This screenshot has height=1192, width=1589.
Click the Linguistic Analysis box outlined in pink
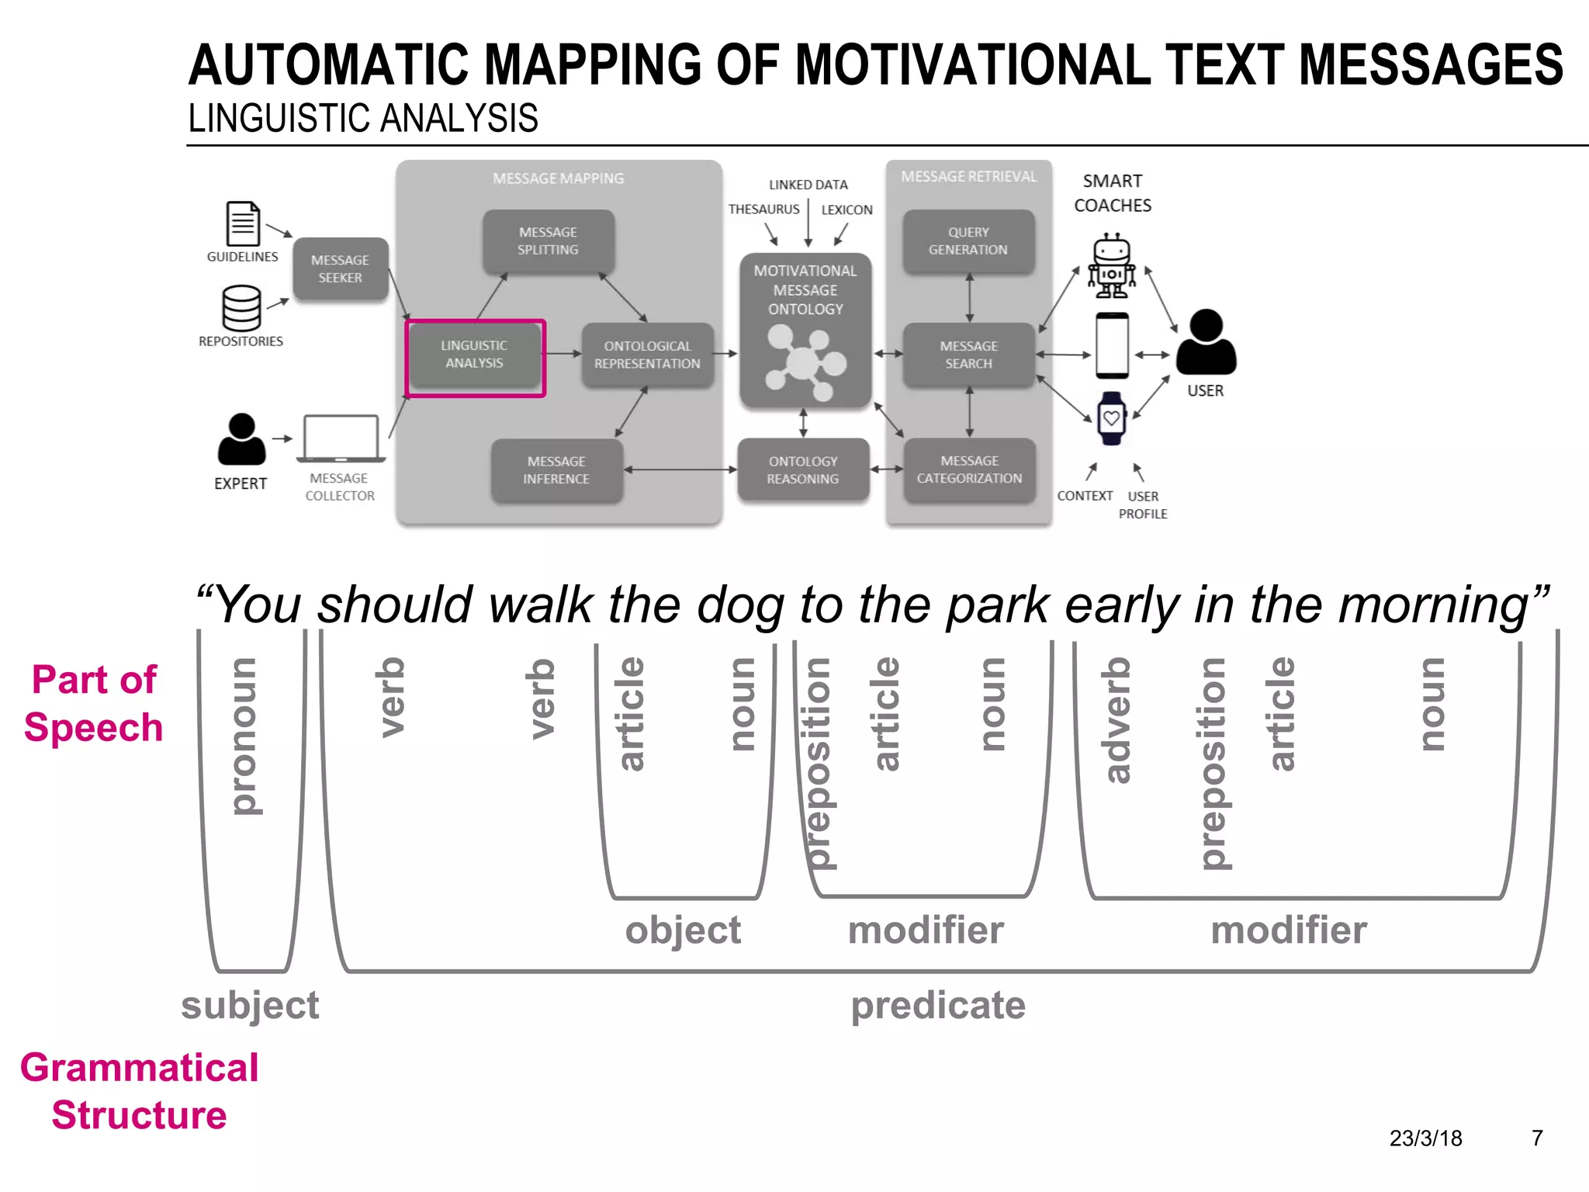(475, 356)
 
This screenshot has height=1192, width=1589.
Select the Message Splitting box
(548, 241)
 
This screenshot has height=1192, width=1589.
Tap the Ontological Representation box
(647, 355)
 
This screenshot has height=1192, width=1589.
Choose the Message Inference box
(556, 470)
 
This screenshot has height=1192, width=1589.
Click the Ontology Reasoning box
(803, 470)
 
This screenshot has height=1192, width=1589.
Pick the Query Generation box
(968, 241)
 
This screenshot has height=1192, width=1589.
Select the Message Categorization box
(969, 470)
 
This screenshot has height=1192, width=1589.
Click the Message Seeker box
(340, 269)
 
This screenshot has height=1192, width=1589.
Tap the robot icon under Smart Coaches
(1111, 266)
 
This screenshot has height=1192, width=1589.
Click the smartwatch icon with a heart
(1112, 418)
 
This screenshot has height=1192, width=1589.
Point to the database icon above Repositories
(241, 308)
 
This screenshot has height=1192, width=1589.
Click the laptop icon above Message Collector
(341, 438)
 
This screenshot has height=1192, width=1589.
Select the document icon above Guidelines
(242, 223)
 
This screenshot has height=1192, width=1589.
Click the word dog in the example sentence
(740, 605)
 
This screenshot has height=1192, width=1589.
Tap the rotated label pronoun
(246, 736)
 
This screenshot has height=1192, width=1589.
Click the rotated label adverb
(1117, 720)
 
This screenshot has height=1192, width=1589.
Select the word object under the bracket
(683, 930)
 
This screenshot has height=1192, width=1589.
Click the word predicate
(938, 1005)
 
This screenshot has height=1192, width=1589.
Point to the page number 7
(1537, 1138)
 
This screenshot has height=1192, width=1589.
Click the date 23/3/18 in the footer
(1425, 1138)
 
